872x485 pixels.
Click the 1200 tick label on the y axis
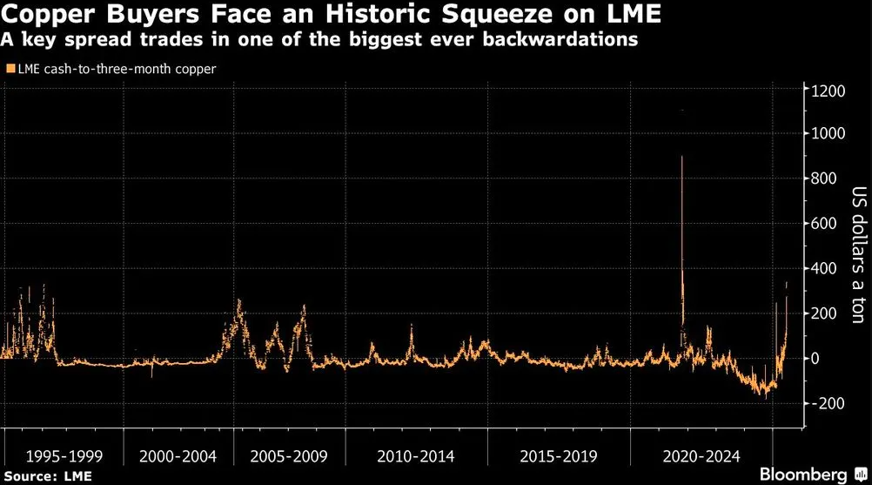click(x=829, y=90)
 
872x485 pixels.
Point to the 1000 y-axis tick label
click(x=829, y=134)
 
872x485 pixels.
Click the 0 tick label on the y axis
click(x=817, y=358)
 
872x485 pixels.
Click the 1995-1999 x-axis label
click(x=60, y=456)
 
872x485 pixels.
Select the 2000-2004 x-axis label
click(x=178, y=456)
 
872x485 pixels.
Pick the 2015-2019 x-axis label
click(x=557, y=456)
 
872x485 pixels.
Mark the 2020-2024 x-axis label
click(x=701, y=456)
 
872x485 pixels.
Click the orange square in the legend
click(x=9, y=68)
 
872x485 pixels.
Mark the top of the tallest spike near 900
click(x=681, y=157)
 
